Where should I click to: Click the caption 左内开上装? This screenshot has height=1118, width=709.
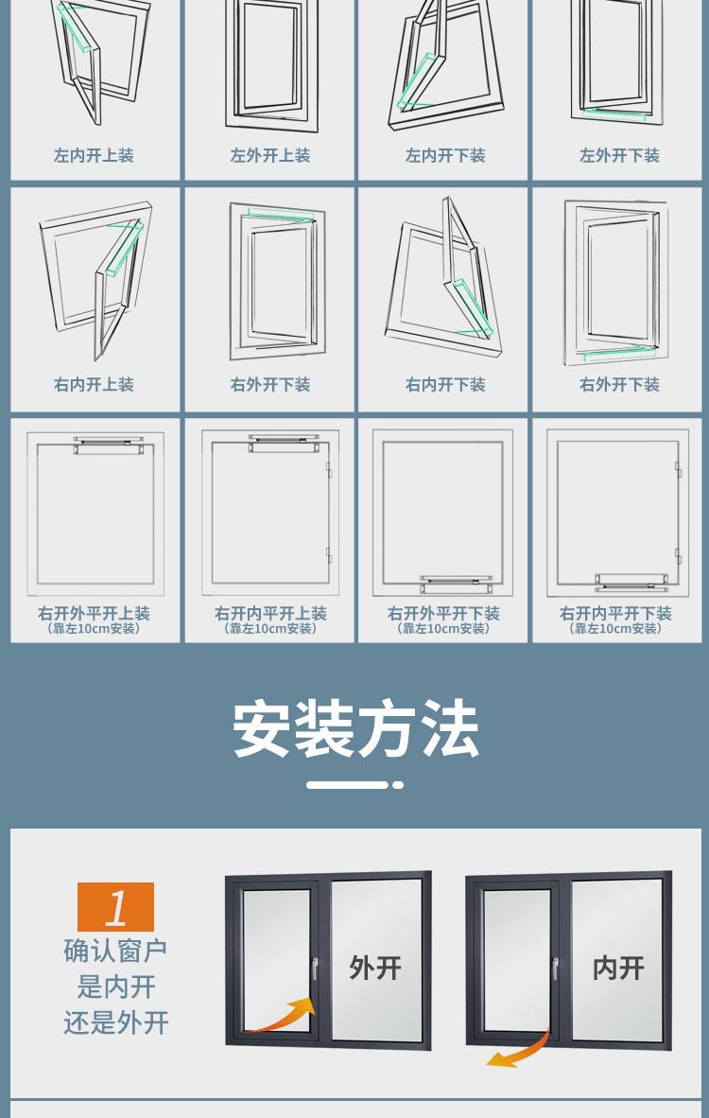(94, 155)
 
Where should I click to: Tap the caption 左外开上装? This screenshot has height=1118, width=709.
(270, 155)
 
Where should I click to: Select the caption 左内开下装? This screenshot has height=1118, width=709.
(445, 155)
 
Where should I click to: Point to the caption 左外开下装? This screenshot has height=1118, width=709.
(620, 155)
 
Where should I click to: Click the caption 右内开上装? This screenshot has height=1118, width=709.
(94, 385)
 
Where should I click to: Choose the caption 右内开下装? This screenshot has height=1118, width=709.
(445, 385)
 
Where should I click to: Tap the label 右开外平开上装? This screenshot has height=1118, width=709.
(94, 613)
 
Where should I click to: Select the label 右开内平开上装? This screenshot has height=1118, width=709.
(270, 613)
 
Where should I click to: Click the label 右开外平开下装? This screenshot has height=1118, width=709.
(443, 613)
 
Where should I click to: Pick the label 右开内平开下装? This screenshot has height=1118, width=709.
(615, 613)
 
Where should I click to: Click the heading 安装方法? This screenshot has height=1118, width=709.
(355, 729)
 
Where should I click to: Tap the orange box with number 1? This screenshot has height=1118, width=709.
(115, 907)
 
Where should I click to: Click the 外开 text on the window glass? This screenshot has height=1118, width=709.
(374, 969)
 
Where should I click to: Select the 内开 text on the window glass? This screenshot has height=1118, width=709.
(618, 969)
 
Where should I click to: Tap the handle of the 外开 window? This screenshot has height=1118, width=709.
(314, 969)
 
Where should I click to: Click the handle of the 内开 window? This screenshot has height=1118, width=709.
(555, 969)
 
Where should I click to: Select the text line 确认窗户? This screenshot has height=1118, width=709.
(115, 951)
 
